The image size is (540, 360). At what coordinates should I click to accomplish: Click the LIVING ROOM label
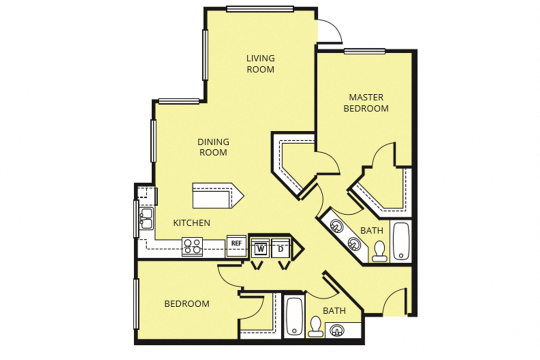point(260,64)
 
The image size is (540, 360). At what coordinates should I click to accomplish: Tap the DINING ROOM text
point(213,147)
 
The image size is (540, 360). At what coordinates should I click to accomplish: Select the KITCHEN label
point(191,223)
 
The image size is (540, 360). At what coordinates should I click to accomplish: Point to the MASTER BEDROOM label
point(366,102)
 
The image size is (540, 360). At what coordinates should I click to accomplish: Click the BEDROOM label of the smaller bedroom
point(187,304)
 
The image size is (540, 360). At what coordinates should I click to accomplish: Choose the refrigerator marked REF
point(236,243)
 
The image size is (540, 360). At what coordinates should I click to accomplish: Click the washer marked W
point(260,248)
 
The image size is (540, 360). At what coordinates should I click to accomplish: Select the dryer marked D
point(280,248)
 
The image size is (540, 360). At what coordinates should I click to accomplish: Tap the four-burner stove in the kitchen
point(192,246)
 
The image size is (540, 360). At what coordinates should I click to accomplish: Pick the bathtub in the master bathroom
point(401,241)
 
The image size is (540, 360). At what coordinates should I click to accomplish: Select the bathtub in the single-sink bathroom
point(294,316)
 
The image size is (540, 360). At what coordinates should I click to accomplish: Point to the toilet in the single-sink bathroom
point(315,326)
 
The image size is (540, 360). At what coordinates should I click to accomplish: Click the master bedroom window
point(364,51)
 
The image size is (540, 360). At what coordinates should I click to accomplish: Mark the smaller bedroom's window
point(136,304)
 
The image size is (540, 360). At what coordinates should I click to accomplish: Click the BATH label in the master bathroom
point(372,230)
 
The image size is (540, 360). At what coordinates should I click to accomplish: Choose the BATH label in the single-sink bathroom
point(334,310)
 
